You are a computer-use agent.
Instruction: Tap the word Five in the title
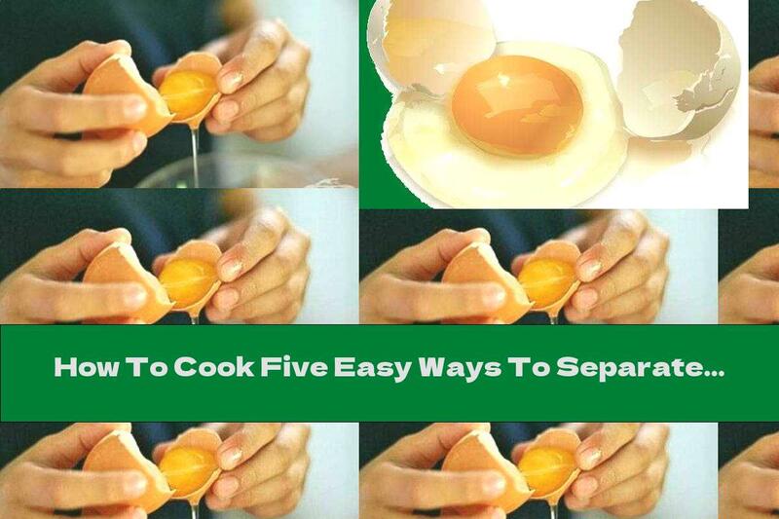click(x=274, y=369)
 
